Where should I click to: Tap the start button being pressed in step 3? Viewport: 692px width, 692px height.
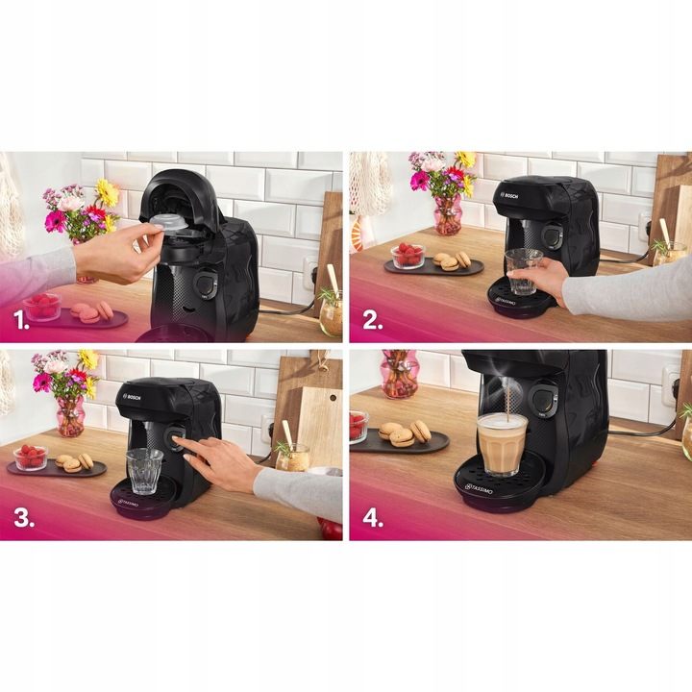(x=177, y=439)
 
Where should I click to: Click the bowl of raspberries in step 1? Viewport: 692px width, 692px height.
(x=41, y=307)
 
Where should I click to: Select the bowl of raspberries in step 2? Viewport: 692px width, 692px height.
(x=408, y=256)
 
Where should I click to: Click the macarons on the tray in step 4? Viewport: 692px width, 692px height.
(x=404, y=433)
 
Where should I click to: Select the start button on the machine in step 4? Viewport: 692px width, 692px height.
(x=545, y=400)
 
